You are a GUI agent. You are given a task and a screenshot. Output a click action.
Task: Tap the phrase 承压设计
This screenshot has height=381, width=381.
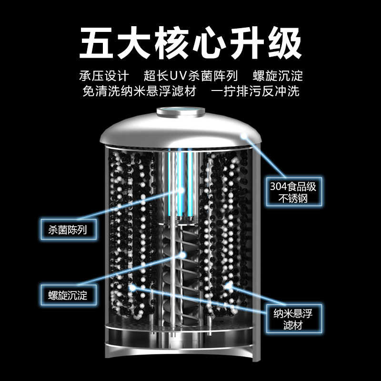click(103, 76)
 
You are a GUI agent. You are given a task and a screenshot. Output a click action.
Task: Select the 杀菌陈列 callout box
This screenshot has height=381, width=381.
click(68, 229)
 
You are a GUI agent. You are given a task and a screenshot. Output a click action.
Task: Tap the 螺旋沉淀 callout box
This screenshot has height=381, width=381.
click(68, 294)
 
